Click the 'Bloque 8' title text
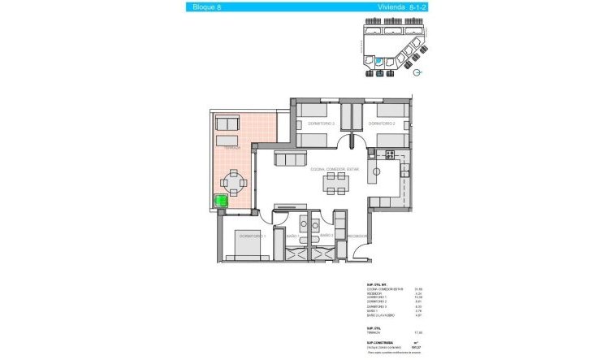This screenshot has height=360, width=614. (x=206, y=7)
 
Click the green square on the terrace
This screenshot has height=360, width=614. (x=220, y=202)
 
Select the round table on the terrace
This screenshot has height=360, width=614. (x=235, y=183)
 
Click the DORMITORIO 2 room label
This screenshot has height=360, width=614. (x=381, y=124)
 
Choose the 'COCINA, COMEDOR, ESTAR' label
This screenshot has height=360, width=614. (x=334, y=169)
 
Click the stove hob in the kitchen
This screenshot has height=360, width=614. (x=388, y=154)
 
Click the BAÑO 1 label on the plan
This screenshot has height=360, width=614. (x=291, y=236)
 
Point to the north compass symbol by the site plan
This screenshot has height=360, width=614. (x=417, y=72)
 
